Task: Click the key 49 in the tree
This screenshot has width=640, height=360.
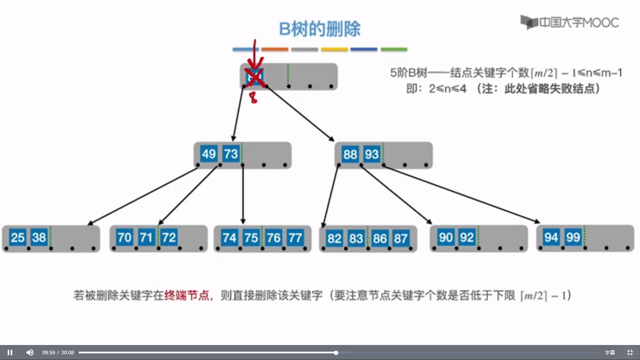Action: pos(209,154)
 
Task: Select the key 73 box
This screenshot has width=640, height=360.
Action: pos(231,154)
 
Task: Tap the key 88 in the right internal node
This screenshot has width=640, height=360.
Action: pos(350,154)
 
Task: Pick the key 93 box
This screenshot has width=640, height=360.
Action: pos(372,154)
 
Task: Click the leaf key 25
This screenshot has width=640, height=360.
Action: pos(17,238)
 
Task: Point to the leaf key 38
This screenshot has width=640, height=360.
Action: pos(39,238)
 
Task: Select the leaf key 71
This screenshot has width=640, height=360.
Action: pos(146,238)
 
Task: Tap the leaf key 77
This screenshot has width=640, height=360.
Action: pos(295,238)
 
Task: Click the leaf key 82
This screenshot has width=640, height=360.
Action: pos(334,239)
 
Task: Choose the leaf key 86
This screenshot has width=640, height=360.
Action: pos(379,239)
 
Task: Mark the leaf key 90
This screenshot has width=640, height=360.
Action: pos(446,238)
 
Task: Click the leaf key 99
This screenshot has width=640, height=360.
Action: pos(573,237)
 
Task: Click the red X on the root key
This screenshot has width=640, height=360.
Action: pos(255,77)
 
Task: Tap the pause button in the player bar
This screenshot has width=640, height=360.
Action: pos(10,352)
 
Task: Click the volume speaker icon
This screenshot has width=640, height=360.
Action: pos(30,352)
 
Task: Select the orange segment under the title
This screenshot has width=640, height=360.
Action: pos(275,49)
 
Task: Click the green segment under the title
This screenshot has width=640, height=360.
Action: pos(394,49)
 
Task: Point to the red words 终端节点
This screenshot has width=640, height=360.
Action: pos(187,295)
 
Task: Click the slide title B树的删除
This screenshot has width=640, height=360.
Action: pos(320,29)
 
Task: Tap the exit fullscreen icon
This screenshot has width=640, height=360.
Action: pos(630,352)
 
